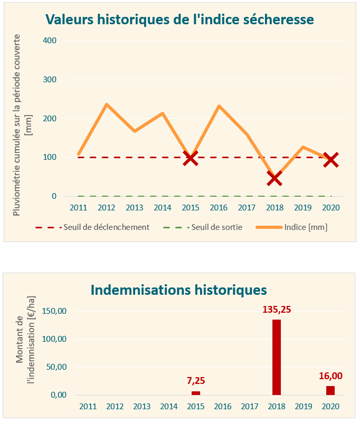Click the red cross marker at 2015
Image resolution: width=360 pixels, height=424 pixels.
tap(191, 158)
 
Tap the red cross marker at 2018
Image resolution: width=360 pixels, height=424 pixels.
tap(274, 179)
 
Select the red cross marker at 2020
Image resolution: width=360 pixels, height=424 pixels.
tap(330, 159)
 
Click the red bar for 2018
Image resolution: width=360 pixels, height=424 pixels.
tap(277, 357)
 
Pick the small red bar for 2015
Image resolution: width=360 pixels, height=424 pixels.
tap(196, 393)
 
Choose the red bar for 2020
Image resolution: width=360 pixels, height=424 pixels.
tap(330, 390)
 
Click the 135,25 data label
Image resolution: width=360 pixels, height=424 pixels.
tap(277, 309)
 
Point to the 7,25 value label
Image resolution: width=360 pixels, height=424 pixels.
tap(196, 380)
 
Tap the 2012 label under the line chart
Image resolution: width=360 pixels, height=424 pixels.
tap(107, 207)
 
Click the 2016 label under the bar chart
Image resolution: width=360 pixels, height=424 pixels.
tap(223, 407)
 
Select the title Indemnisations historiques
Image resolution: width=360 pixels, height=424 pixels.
tap(178, 290)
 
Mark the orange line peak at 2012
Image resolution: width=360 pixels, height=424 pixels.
tap(107, 104)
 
